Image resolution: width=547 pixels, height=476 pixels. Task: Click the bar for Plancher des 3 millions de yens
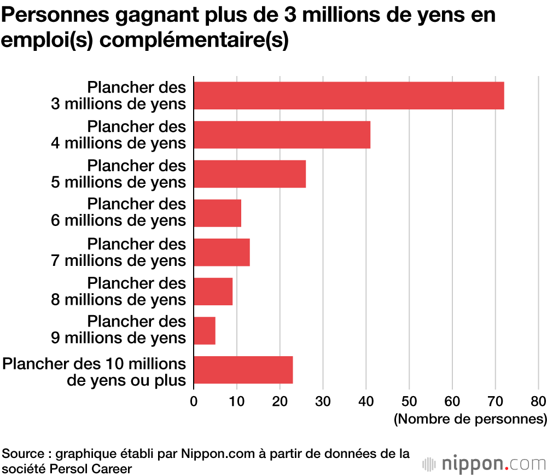[x=348, y=95]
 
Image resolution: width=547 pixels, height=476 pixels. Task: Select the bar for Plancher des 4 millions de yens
[x=282, y=135]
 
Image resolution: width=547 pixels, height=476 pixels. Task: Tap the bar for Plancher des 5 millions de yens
[x=249, y=174]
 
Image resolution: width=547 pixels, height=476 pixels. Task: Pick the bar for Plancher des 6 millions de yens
[x=217, y=213]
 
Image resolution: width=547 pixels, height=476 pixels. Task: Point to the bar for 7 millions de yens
[x=222, y=252]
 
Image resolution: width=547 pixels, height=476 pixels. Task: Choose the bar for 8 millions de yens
[x=213, y=292]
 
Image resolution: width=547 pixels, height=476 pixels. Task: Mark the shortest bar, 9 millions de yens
[x=205, y=330]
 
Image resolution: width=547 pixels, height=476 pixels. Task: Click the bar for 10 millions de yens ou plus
[x=243, y=370]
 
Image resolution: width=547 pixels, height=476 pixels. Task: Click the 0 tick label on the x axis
[x=194, y=401]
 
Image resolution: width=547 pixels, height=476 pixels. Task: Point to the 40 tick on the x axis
[x=366, y=401]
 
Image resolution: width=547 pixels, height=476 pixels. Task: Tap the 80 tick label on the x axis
[x=538, y=401]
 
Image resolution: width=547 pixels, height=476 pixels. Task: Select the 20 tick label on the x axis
[x=280, y=401]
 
